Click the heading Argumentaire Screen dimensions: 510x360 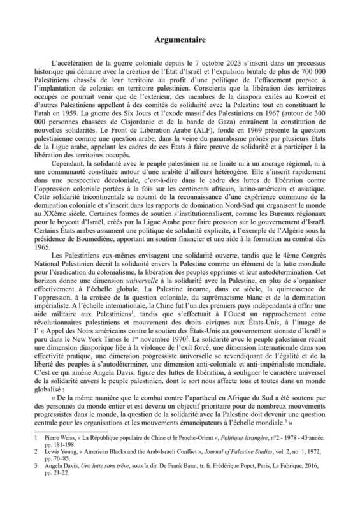point(180,40)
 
